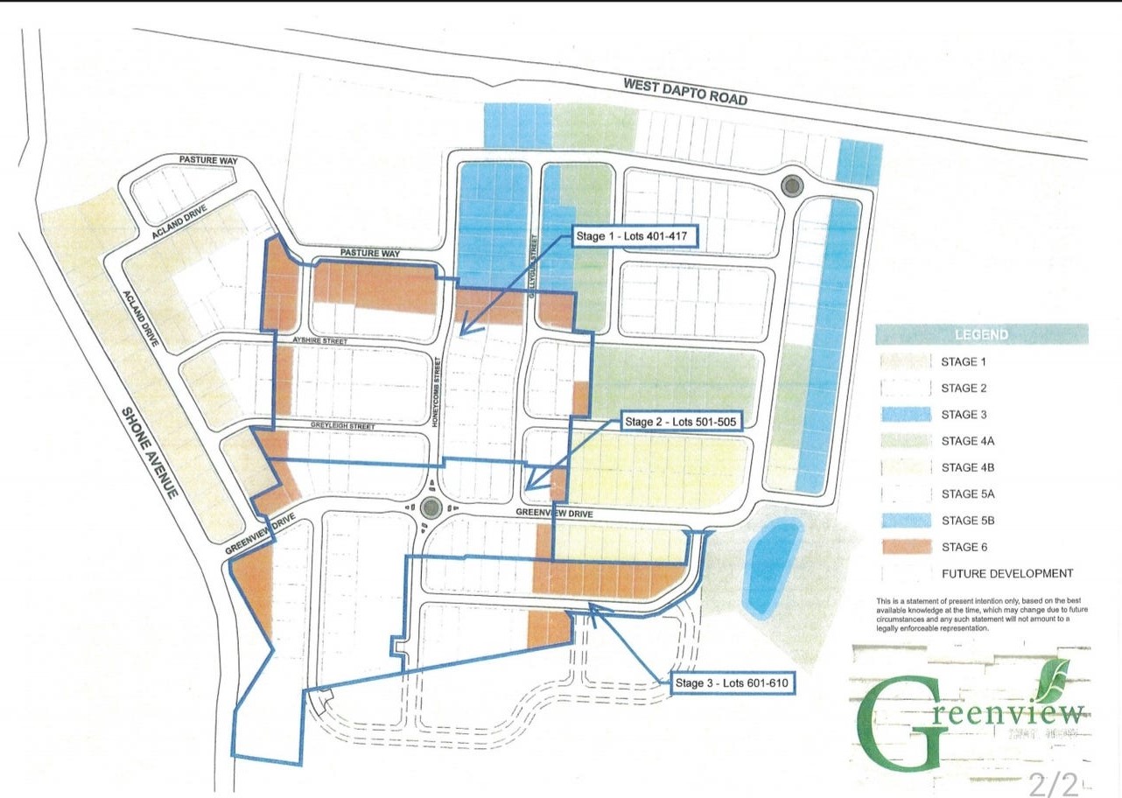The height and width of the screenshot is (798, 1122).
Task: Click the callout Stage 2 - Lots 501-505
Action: coord(682,422)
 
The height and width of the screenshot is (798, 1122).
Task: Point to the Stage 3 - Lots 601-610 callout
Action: coord(734,683)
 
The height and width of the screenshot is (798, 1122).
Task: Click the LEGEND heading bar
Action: coord(983,334)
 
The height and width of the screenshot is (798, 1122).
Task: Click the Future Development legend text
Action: coord(1006,574)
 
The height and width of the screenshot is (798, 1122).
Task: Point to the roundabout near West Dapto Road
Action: coord(792,185)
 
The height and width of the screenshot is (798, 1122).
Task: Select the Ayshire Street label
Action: coord(322,340)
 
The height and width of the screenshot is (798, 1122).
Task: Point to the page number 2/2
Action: coord(1053,780)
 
